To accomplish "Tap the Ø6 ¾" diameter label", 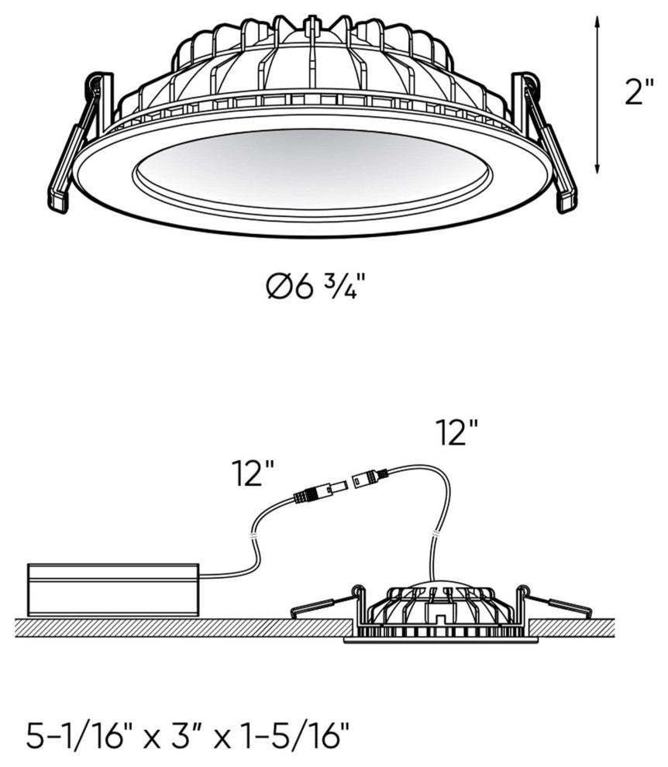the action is coord(315,287).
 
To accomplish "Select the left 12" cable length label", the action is coord(253,473).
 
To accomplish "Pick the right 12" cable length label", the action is coord(456,432).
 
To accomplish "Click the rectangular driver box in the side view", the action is coord(114,590).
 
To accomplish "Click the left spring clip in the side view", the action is coord(324,602).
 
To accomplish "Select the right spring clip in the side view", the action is coord(557,601).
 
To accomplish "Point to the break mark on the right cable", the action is coord(434,533).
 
